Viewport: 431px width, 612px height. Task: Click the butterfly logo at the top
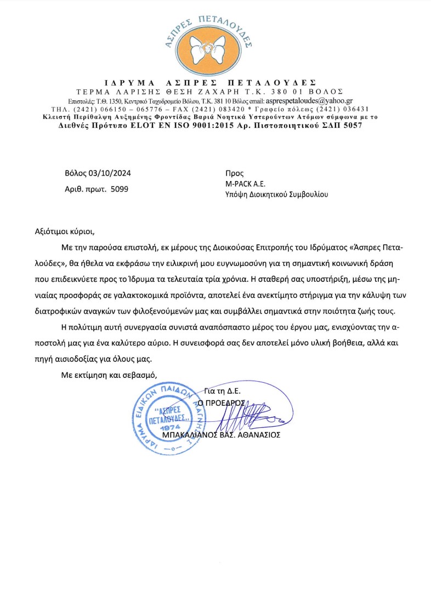[x=215, y=48]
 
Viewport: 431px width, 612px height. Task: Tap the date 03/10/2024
[x=110, y=174]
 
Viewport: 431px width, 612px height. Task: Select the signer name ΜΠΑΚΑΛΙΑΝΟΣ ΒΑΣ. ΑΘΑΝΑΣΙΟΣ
[x=222, y=435]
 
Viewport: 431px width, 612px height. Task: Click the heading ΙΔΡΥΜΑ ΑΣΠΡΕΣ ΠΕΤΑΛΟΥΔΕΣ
[x=214, y=82]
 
